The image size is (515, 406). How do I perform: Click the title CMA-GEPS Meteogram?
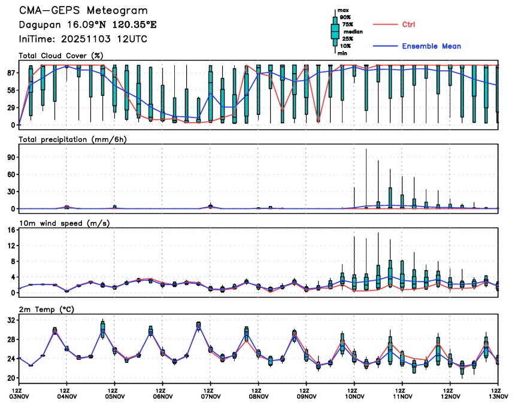point(83,11)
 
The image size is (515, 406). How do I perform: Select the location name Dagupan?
point(39,25)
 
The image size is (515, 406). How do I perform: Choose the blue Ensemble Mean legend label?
point(431,46)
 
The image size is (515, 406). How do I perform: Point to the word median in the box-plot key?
point(352,32)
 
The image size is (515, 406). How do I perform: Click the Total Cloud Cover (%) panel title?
point(61,56)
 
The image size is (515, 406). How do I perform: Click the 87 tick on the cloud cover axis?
point(11,73)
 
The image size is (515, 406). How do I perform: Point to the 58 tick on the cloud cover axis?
point(11,90)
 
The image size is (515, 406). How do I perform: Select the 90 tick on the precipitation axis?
point(11,157)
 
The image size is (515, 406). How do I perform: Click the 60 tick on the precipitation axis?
point(11,174)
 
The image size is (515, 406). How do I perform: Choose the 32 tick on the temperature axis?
point(11,320)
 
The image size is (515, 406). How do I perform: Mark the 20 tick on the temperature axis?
point(11,378)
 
